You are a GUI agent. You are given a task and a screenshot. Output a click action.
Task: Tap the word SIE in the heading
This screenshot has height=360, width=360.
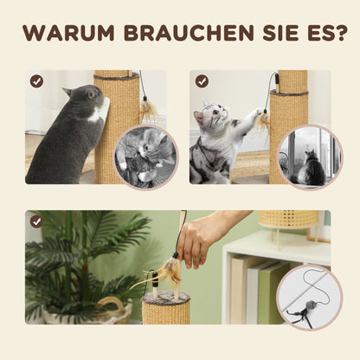(x=267, y=35)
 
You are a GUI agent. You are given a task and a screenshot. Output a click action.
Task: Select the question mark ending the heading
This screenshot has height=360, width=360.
(x=341, y=35)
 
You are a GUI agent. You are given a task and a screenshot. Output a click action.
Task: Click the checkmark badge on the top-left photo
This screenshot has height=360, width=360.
(x=36, y=80)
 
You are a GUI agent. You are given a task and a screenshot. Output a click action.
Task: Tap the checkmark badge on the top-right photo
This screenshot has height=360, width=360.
(x=201, y=80)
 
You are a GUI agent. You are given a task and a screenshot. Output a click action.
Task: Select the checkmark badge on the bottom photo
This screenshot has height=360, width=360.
(x=36, y=221)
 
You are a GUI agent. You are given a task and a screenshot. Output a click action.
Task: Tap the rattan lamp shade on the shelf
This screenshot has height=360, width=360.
(x=287, y=220)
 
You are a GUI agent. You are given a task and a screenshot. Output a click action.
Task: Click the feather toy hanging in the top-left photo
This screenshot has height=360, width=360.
(x=148, y=111)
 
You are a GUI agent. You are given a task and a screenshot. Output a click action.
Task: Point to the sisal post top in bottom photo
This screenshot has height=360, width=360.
(x=165, y=299)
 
